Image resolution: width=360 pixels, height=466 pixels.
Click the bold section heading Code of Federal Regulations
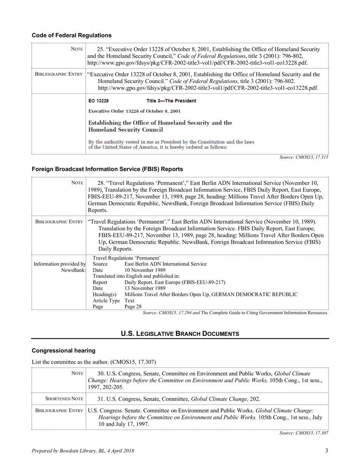[72, 35]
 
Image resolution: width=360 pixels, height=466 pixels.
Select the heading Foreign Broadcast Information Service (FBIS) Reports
[107, 169]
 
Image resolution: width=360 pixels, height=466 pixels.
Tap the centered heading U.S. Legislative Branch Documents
[180, 333]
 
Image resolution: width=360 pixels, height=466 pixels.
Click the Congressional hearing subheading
[63, 350]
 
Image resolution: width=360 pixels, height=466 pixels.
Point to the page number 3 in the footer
[326, 450]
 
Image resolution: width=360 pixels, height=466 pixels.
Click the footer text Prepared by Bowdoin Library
[83, 451]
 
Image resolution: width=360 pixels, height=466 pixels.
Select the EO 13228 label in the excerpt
[99, 101]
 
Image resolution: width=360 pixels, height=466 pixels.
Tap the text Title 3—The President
[171, 101]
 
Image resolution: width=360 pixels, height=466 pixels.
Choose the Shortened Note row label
[64, 399]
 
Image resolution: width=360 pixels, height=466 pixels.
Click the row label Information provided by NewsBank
[60, 267]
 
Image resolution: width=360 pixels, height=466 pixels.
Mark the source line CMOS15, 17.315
[304, 157]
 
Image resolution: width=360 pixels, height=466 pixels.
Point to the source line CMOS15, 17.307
[304, 433]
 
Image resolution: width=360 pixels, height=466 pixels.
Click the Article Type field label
[106, 300]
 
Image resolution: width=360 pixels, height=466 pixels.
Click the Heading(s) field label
[105, 294]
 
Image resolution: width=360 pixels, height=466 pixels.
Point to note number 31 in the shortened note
[101, 399]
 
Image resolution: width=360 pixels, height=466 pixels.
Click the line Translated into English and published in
[136, 276]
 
